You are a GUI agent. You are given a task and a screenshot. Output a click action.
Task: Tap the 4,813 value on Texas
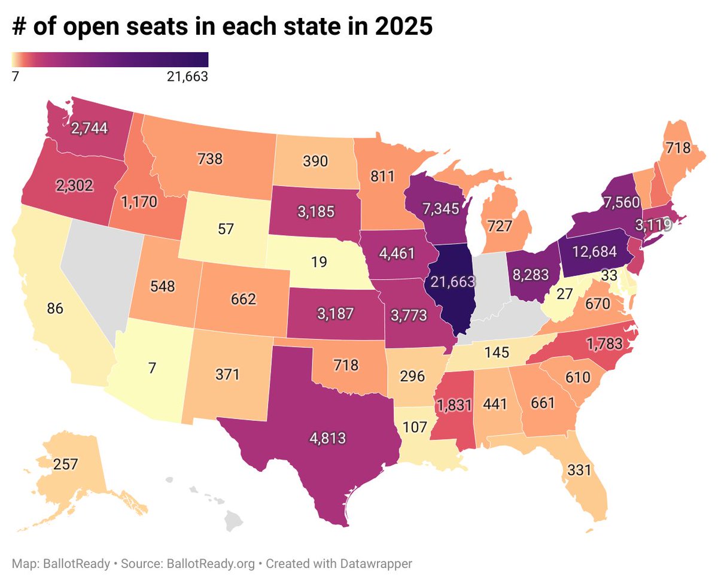pyautogui.click(x=327, y=438)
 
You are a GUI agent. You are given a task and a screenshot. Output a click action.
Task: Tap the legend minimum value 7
pyautogui.click(x=15, y=76)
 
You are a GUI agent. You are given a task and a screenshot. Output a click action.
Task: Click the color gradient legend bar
pyautogui.click(x=110, y=59)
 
